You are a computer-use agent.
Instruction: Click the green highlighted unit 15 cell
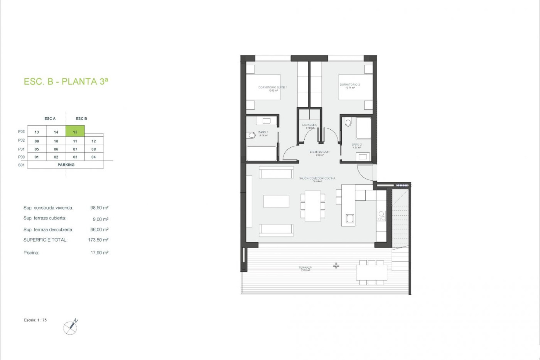75,131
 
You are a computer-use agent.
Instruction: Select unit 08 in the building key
94,149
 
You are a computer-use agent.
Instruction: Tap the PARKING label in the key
66,165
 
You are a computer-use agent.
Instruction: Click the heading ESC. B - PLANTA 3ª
66,82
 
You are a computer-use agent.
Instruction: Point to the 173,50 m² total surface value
98,240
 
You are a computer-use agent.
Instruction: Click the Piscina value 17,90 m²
99,253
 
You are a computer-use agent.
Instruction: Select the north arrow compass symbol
71,327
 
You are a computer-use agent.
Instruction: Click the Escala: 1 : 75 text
35,320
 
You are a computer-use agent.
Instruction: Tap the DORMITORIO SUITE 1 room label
273,87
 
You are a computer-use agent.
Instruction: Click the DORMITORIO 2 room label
350,85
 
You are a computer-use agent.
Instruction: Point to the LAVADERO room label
309,125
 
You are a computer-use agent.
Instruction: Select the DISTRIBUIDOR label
319,152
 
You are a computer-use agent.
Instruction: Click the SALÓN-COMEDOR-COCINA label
317,178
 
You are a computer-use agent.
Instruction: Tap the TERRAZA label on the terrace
305,267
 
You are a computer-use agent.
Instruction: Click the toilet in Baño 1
251,136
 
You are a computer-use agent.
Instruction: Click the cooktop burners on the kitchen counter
381,216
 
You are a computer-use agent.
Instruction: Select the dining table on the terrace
371,272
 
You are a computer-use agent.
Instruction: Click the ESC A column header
50,119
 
